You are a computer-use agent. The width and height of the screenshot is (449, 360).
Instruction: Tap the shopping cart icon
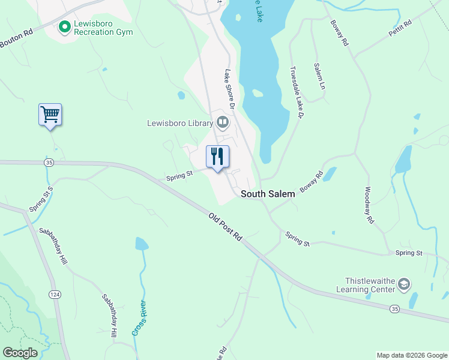[x=50, y=113]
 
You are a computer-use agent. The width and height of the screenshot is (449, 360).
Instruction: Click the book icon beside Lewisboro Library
[x=223, y=123]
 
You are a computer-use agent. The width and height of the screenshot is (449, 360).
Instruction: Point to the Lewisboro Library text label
[x=180, y=124]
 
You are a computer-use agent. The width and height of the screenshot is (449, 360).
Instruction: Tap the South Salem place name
[x=268, y=194]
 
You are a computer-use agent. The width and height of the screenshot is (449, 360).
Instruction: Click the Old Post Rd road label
[x=225, y=226]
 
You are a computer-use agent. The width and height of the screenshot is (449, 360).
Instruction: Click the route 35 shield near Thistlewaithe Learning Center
[x=394, y=308]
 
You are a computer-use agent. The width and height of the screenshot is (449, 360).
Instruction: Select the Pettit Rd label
[x=400, y=28]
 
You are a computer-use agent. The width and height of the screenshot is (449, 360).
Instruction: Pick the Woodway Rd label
[x=369, y=205]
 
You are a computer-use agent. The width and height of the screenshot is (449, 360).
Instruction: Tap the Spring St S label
[x=41, y=199]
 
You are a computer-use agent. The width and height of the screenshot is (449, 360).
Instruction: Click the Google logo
[x=20, y=353]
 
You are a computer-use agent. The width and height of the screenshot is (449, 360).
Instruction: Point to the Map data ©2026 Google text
[x=411, y=355]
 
